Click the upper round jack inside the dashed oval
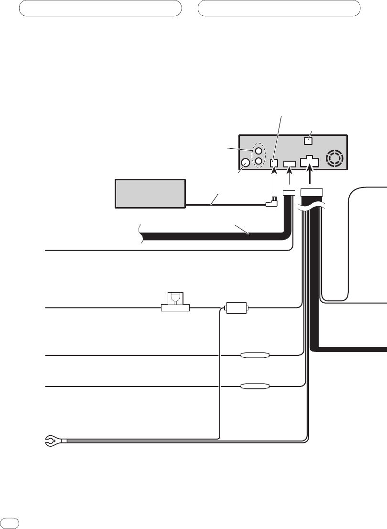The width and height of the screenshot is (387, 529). click(258, 150)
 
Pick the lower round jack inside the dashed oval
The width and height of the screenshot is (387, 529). click(258, 161)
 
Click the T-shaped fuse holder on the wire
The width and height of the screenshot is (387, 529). click(174, 302)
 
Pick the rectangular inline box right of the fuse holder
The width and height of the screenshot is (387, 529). click(236, 307)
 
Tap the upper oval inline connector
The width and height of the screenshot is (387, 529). click(255, 355)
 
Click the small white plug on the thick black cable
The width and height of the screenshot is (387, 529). click(289, 192)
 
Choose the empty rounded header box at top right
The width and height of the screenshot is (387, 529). click(279, 8)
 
